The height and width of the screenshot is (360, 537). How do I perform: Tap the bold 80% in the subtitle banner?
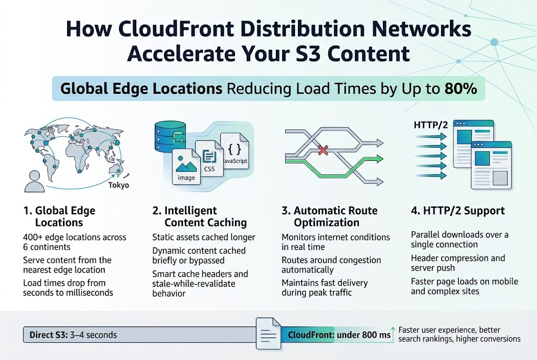click(x=460, y=89)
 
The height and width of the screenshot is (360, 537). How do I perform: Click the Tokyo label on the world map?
click(x=119, y=185)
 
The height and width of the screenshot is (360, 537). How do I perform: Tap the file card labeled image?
click(x=187, y=167)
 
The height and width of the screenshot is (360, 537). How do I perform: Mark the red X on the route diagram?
click(x=323, y=150)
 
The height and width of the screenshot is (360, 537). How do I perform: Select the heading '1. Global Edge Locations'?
click(x=59, y=216)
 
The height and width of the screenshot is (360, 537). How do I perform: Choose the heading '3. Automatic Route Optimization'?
click(x=329, y=216)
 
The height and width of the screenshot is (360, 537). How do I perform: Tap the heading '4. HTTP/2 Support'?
click(x=458, y=211)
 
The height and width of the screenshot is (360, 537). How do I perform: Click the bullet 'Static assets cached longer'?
click(x=203, y=237)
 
